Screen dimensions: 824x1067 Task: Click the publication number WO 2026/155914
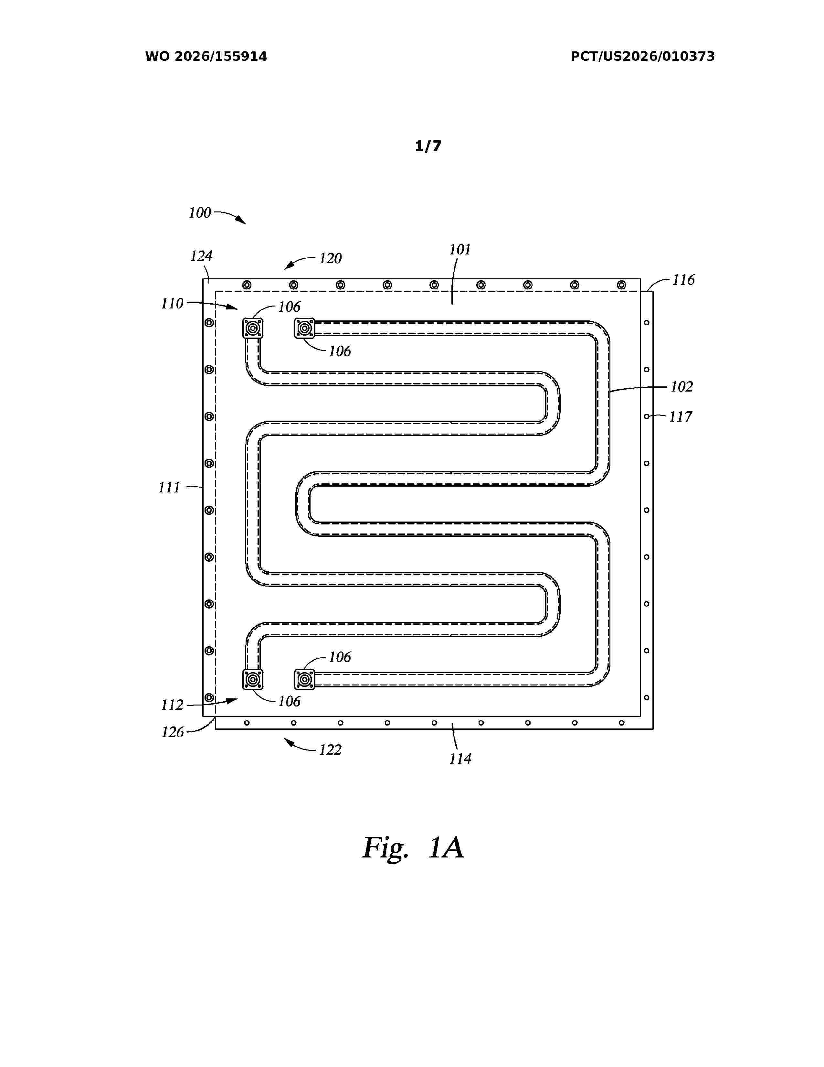pos(206,57)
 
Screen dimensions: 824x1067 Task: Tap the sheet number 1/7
pos(428,146)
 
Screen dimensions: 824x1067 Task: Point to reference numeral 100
pos(200,213)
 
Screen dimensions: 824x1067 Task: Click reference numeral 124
pos(201,256)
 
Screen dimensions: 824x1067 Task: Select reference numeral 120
pos(331,258)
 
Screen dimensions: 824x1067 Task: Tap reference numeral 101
pos(460,250)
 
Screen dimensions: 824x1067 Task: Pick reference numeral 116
pos(683,280)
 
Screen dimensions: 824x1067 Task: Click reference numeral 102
pos(681,387)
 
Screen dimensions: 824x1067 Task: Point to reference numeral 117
pos(681,417)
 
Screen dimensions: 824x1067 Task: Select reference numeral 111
pos(169,488)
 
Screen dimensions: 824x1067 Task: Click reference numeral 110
pos(172,304)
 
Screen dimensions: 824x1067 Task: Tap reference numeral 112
pos(172,705)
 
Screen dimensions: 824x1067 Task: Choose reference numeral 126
pos(173,732)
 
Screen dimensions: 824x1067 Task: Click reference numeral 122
pos(331,750)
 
